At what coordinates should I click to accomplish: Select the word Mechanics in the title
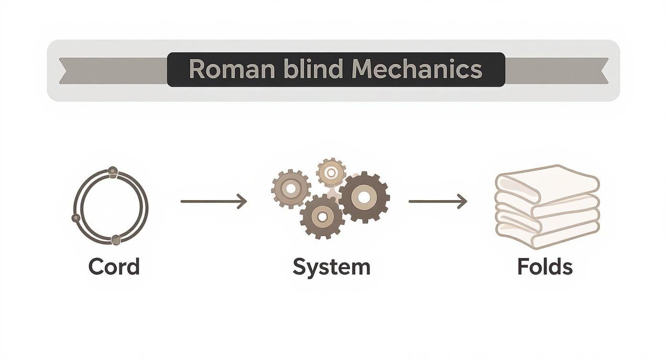417,69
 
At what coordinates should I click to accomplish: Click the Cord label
114,267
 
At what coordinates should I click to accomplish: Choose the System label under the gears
332,267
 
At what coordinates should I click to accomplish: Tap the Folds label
545,267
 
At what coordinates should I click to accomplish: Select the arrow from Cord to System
213,202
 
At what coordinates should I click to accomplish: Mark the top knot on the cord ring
112,170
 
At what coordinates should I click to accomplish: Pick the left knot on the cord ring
76,218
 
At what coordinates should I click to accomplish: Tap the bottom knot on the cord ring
116,240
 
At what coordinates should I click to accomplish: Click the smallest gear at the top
331,172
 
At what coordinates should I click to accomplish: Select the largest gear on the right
364,196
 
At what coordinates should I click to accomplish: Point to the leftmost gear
291,189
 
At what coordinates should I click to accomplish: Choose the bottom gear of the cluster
322,217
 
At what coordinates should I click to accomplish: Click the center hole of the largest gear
364,196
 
